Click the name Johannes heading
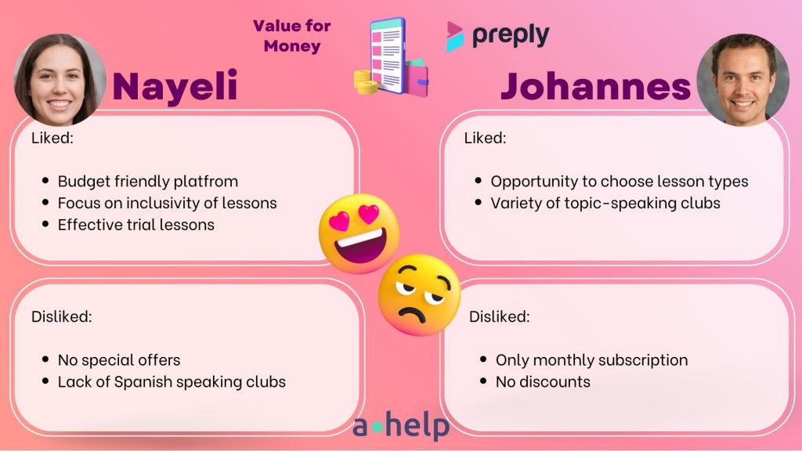point(596,86)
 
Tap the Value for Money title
point(292,36)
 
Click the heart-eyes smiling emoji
point(359,233)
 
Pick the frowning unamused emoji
point(420,295)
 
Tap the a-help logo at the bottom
point(401,425)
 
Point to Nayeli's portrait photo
point(60,80)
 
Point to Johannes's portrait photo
point(742,80)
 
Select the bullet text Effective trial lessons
point(136,225)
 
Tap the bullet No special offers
point(119,360)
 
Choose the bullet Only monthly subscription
point(592,360)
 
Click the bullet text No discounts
point(543,382)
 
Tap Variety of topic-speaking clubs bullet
point(605,203)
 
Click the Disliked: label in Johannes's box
point(499,316)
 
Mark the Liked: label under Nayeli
point(52,138)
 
